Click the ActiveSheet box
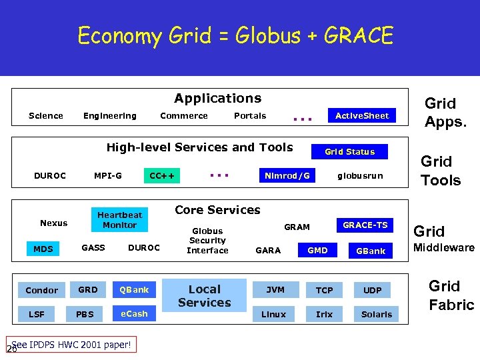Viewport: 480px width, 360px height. coord(361,116)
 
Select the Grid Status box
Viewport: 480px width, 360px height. coord(349,152)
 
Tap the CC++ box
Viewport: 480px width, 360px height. coord(162,176)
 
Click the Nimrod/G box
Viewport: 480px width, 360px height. coord(287,176)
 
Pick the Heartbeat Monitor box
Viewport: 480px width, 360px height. coord(119,220)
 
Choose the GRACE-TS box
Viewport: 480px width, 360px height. coord(365,225)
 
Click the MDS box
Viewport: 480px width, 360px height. coord(43,249)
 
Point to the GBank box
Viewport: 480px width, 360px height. coord(371,251)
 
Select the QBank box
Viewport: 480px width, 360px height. coord(134,290)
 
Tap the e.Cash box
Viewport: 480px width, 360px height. coord(134,313)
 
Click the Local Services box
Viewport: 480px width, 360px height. coord(205,295)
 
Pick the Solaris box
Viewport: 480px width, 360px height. coord(377,314)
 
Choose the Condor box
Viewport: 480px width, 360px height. coord(42,290)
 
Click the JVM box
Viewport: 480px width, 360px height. coord(275,290)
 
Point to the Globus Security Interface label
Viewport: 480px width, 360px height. coord(207,241)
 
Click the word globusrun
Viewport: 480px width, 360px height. coord(360,176)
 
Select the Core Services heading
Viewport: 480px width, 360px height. coord(217,210)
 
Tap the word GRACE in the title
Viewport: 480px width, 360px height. coord(358,35)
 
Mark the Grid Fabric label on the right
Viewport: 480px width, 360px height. coord(451,295)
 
